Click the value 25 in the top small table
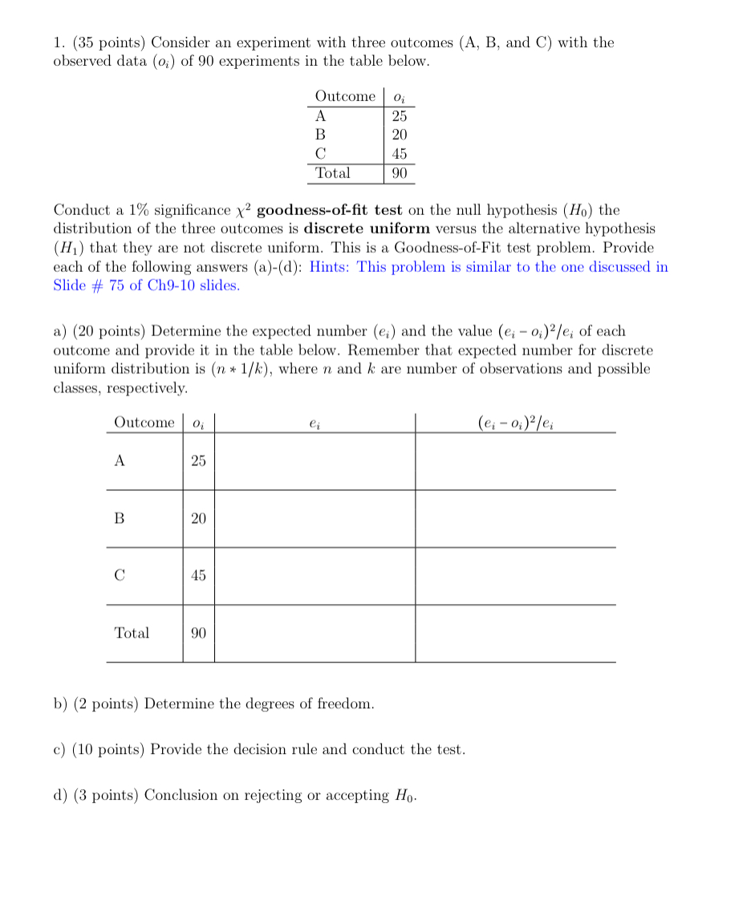coord(399,116)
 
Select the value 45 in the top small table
coord(399,153)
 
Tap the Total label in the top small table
coord(332,172)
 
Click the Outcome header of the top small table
coord(345,96)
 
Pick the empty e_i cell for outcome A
coord(315,461)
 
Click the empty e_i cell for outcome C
coord(315,576)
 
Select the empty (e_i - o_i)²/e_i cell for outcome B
coord(515,519)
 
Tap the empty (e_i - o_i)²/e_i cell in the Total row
coord(515,633)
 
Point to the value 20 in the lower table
coord(198,519)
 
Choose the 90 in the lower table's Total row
coord(198,633)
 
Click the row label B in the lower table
coord(120,519)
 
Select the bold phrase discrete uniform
coord(367,229)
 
